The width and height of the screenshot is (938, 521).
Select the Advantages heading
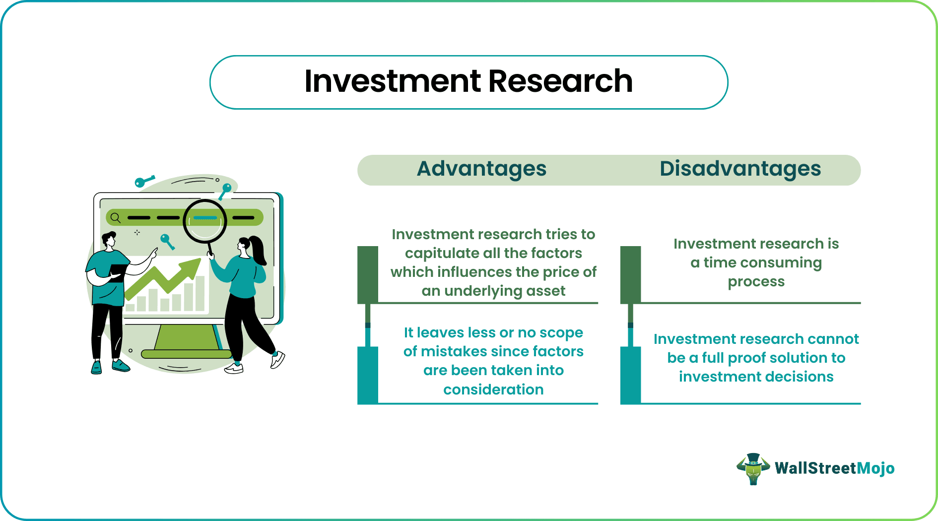tap(481, 169)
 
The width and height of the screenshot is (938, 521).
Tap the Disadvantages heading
tap(740, 169)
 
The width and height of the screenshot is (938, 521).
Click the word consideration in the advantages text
tap(493, 390)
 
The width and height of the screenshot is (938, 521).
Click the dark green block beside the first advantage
tap(368, 274)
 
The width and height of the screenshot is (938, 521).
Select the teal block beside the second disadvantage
tap(630, 375)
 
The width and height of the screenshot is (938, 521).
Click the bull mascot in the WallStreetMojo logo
tap(753, 468)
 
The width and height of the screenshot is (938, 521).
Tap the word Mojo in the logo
tap(875, 468)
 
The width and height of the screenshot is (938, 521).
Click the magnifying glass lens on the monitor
tap(205, 221)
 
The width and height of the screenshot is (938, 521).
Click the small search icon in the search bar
tap(116, 217)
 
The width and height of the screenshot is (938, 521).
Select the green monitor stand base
tap(186, 354)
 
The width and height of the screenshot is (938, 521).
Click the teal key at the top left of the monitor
tap(143, 182)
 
